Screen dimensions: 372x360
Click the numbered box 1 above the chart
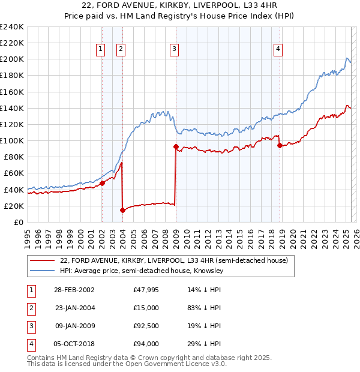[x=101, y=50]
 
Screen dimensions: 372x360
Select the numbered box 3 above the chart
[x=175, y=50]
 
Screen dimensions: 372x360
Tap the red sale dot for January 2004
[x=122, y=210]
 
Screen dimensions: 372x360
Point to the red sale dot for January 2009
[x=176, y=146]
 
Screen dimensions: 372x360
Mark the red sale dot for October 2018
[x=280, y=145]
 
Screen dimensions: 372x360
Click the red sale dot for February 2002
[x=102, y=183]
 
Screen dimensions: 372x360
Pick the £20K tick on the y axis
[x=14, y=206]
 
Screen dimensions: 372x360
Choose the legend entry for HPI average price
[x=142, y=271]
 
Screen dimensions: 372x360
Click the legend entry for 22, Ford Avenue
[x=174, y=260]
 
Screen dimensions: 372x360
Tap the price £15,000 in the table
[x=146, y=308]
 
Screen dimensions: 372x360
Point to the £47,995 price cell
[x=146, y=290]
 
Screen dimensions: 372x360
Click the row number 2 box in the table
[x=30, y=308]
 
